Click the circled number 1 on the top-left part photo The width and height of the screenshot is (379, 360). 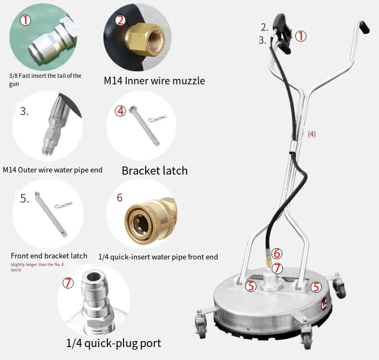pos(25,21)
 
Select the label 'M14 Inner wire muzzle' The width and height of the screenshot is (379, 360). pos(154,81)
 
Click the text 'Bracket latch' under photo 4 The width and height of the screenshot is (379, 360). pos(154,170)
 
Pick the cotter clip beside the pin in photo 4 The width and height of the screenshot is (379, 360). pos(158,118)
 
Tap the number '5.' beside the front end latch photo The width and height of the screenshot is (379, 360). pos(25,199)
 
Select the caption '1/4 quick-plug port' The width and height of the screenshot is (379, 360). pos(113,343)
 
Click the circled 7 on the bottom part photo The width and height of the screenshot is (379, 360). pos(68,283)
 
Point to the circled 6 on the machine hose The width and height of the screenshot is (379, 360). pos(276,253)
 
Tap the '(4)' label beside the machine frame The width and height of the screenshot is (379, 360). pos(312,134)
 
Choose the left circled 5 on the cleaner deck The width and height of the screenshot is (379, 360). pos(251,286)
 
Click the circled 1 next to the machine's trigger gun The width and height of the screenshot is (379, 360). pos(300,36)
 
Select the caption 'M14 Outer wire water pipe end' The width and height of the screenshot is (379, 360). pos(52,170)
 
